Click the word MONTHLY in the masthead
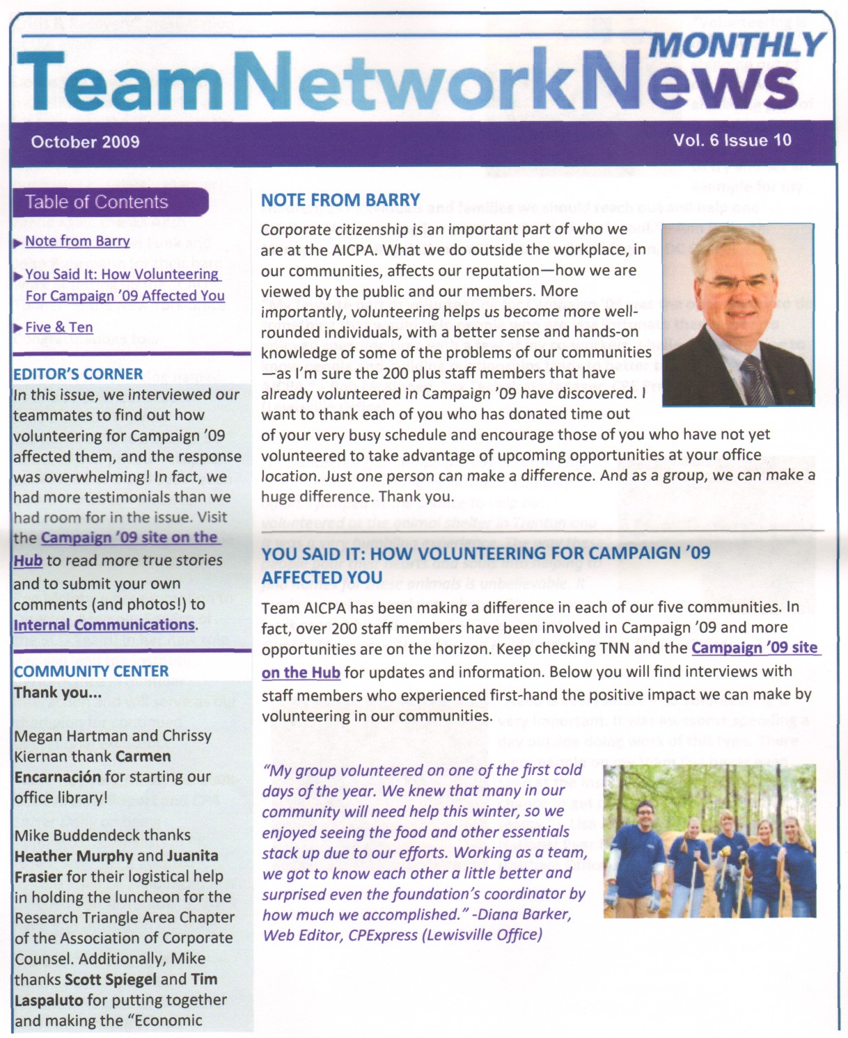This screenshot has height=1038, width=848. [x=737, y=46]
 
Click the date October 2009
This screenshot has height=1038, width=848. [x=85, y=142]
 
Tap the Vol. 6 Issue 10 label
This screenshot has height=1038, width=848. [x=732, y=140]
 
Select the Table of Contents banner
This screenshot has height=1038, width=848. [x=97, y=202]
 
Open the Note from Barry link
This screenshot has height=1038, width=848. [x=77, y=241]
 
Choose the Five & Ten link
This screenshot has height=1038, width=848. [x=59, y=327]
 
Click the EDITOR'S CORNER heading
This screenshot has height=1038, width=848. [x=78, y=374]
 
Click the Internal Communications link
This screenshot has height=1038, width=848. [x=104, y=625]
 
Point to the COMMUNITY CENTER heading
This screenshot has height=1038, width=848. [x=91, y=671]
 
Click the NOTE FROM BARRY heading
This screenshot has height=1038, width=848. [x=340, y=200]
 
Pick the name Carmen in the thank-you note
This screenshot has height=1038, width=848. [x=143, y=756]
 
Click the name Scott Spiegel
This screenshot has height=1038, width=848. [x=109, y=980]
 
